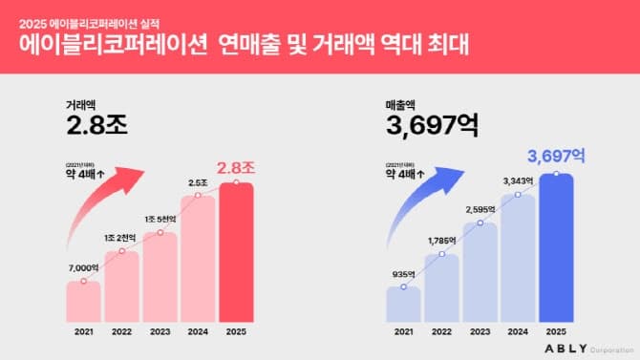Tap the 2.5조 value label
[198, 182]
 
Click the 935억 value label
[404, 274]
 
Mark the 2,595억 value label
[480, 208]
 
